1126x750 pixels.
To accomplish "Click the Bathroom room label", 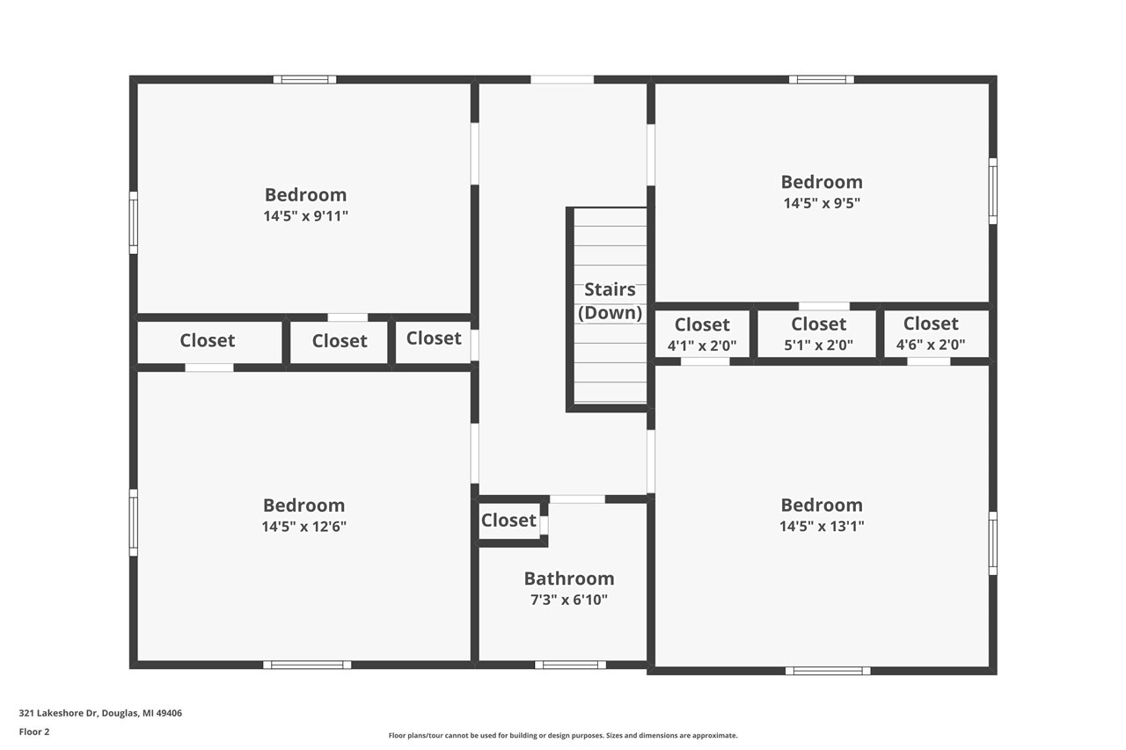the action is pos(569,579).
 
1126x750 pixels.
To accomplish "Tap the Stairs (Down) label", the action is pos(610,301).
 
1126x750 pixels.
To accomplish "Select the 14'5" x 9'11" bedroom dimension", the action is pos(305,216).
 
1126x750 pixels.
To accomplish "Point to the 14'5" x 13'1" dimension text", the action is pos(822,526).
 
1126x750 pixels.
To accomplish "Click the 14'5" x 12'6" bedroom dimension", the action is pos(303,527).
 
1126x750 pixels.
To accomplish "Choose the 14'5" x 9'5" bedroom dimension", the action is pos(822,203).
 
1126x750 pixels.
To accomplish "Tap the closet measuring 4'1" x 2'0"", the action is pos(702,334).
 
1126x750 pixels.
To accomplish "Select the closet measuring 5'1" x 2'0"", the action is pos(818,334).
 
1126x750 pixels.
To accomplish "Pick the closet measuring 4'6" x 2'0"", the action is pos(931,334).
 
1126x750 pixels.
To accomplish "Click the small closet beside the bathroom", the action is pos(508,521).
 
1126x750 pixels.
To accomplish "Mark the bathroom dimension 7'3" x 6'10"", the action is pos(569,600).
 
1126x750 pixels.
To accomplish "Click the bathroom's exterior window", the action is pos(570,665).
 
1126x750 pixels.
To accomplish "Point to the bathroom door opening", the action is pos(577,499).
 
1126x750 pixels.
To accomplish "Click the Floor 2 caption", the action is pos(34,732).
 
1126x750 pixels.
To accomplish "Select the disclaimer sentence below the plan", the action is pos(563,735).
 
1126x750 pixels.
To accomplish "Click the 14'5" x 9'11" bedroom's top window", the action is pos(304,79).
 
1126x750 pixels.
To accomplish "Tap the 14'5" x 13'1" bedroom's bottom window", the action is pos(828,671).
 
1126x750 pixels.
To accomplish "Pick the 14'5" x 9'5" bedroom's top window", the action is pos(822,79).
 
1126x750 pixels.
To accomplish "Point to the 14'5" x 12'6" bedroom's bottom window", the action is pos(307,665).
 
